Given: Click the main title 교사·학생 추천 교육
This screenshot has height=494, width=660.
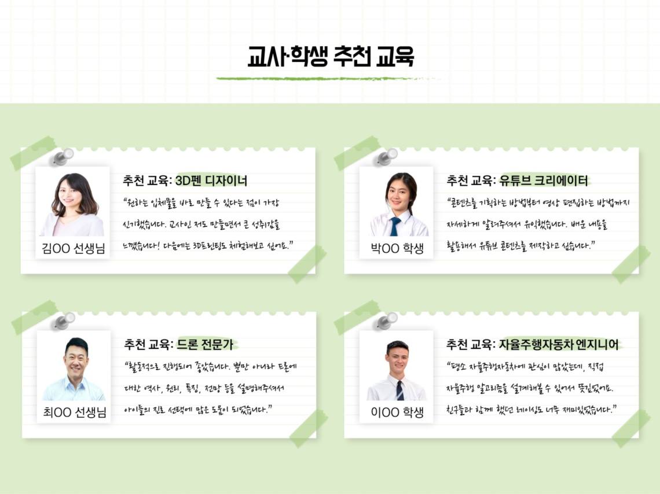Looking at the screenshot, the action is (x=331, y=56).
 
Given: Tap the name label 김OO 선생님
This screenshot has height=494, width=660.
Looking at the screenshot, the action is (x=74, y=249).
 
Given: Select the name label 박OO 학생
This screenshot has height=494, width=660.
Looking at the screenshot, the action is (x=397, y=249).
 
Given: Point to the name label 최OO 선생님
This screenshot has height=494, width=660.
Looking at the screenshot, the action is (x=75, y=412).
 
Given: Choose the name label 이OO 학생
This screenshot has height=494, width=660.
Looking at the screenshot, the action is (x=397, y=412).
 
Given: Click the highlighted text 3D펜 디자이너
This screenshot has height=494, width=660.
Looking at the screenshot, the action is (x=211, y=181).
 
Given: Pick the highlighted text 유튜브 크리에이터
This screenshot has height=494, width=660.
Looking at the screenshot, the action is (x=544, y=181).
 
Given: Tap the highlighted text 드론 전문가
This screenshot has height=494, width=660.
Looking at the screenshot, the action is (x=205, y=344).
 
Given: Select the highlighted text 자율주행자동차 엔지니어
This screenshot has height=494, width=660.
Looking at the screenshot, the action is (x=559, y=345).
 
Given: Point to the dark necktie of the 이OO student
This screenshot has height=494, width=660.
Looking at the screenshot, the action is (x=399, y=390).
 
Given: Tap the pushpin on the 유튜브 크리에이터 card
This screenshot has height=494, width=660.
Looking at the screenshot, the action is (x=386, y=157).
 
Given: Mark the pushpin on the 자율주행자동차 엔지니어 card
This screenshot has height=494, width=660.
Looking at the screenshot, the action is (x=386, y=322).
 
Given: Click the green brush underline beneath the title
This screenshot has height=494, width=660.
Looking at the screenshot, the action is (x=328, y=79).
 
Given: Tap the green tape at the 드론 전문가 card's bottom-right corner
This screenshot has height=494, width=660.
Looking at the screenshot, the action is (x=309, y=429).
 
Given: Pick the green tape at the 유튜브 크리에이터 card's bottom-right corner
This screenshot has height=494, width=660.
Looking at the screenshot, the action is (x=631, y=264).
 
